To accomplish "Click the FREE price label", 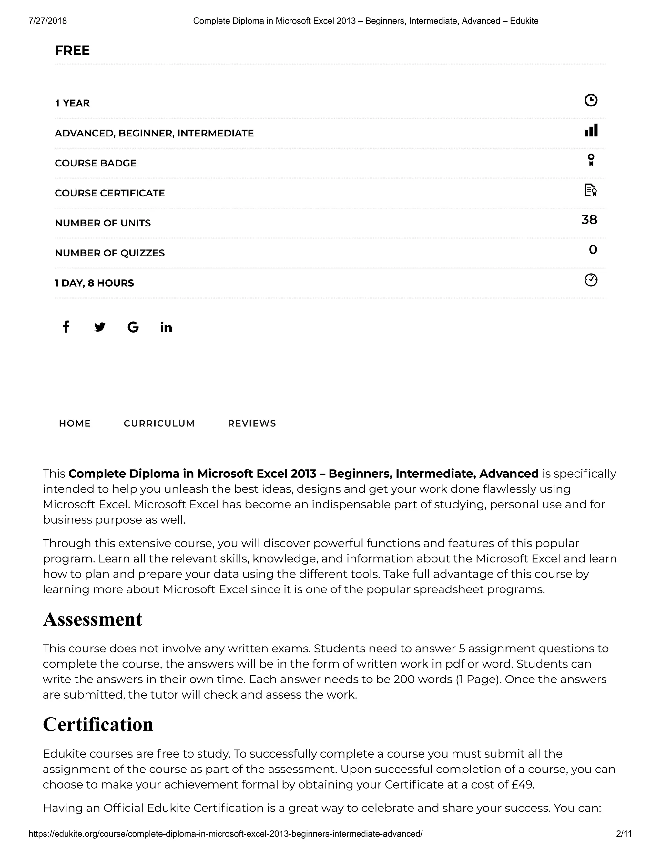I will [x=72, y=51].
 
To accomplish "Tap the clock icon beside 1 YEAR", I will [x=591, y=100].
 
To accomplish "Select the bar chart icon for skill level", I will [x=591, y=130].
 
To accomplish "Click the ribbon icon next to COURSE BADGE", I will [x=591, y=160].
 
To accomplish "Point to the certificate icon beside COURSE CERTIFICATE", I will [x=590, y=190].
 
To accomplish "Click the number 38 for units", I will [x=589, y=220].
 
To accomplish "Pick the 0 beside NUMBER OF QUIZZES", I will [x=593, y=250].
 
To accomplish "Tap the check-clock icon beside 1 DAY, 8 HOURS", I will [x=591, y=280].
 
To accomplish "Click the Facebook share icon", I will [x=66, y=327].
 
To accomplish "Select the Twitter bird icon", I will [x=99, y=327].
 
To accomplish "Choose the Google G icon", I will [x=133, y=327].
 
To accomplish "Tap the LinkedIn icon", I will [x=166, y=327].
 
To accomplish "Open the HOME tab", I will [x=75, y=423].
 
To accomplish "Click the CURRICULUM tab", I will [x=159, y=423].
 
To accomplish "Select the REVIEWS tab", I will [x=252, y=423].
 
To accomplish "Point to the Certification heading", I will [x=98, y=725].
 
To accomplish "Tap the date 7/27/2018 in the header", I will [x=48, y=21].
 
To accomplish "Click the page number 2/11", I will [x=624, y=834].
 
